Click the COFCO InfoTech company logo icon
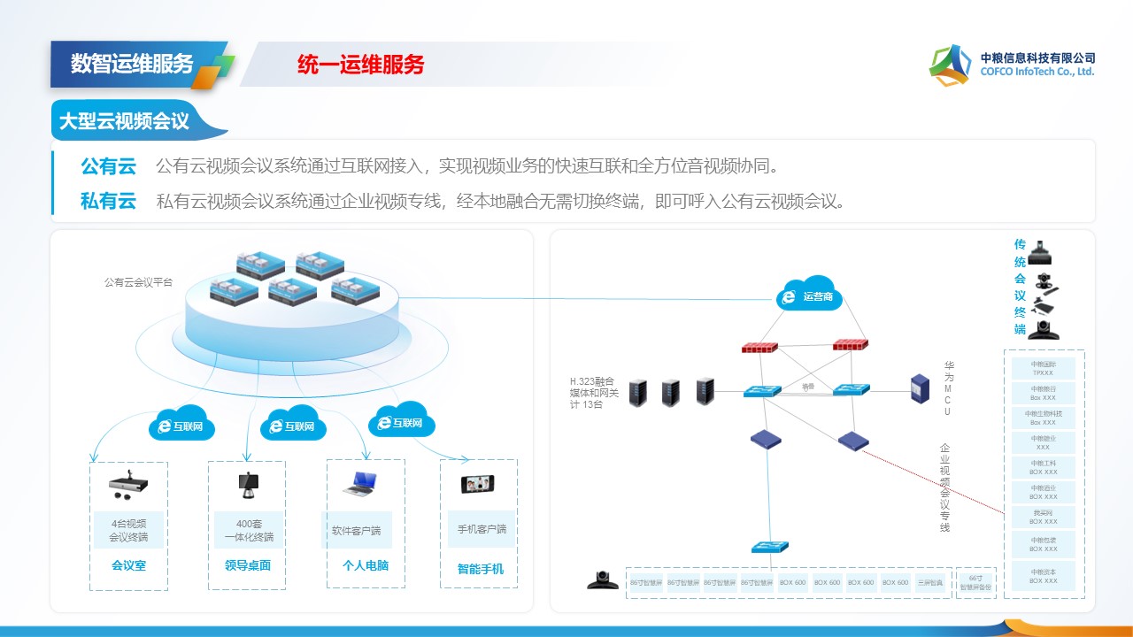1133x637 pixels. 952,65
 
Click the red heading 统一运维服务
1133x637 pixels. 361,65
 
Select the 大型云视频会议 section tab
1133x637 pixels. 125,122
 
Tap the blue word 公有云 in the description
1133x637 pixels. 109,166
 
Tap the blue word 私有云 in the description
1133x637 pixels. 109,201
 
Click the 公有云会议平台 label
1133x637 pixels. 138,283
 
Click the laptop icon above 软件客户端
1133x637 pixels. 360,483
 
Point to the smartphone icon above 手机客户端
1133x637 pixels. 477,484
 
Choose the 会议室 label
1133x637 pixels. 128,565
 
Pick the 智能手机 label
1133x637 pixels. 480,569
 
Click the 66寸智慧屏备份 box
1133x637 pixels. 976,583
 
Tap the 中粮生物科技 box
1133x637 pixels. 1044,418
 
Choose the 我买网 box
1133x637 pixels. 1044,517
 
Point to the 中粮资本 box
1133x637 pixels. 1044,576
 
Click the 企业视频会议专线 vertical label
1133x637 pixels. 944,487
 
